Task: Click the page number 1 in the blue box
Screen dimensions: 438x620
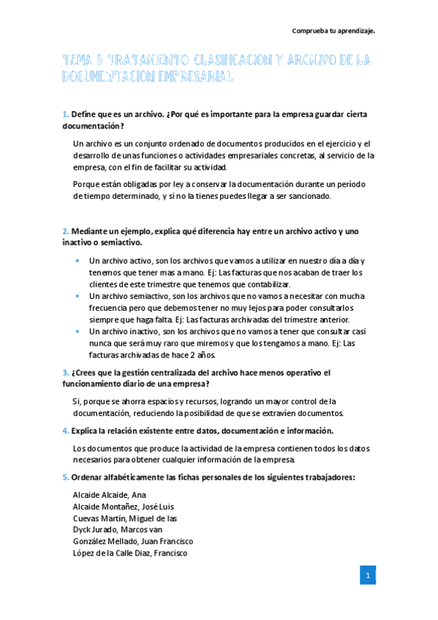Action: point(368,575)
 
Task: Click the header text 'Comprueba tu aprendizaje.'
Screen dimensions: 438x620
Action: point(333,31)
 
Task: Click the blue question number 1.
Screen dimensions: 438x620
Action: point(65,114)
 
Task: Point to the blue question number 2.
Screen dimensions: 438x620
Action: point(65,231)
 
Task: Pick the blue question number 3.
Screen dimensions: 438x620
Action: point(65,372)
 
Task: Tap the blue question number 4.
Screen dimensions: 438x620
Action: point(65,431)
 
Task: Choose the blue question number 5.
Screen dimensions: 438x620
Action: point(65,477)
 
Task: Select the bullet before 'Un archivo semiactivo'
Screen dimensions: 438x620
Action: point(78,296)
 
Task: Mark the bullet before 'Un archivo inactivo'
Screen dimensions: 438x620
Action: point(78,331)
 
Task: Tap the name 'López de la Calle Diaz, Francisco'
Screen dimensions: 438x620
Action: point(130,553)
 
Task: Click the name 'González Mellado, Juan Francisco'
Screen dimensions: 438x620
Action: point(133,542)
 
